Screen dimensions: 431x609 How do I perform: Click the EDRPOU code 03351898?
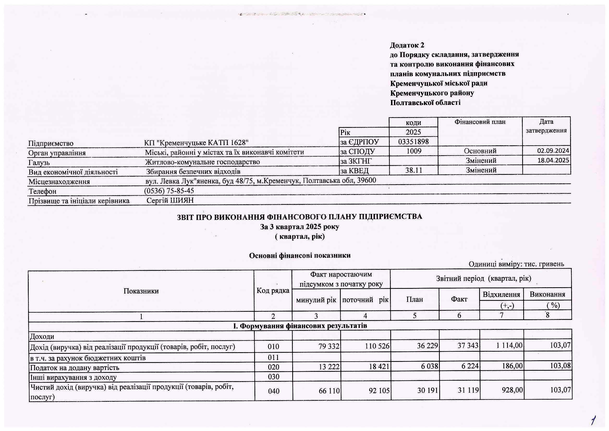[413, 142]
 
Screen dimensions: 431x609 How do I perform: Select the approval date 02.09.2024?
[553, 151]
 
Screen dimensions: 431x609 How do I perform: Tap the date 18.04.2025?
[553, 160]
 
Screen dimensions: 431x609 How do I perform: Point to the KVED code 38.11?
[413, 170]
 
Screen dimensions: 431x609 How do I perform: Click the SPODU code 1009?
[414, 151]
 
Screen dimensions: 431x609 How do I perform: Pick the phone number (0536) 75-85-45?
[169, 191]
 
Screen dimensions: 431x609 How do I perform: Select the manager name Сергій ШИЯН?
[170, 200]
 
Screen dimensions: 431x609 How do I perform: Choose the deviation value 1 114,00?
[509, 345]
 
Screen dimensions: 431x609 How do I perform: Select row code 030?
[273, 377]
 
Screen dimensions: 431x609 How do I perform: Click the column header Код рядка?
[273, 291]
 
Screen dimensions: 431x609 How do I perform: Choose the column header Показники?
[141, 291]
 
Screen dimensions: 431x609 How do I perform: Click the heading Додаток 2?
[407, 45]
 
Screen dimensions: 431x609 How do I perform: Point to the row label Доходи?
[42, 337]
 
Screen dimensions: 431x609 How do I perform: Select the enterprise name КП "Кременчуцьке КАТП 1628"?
[196, 143]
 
